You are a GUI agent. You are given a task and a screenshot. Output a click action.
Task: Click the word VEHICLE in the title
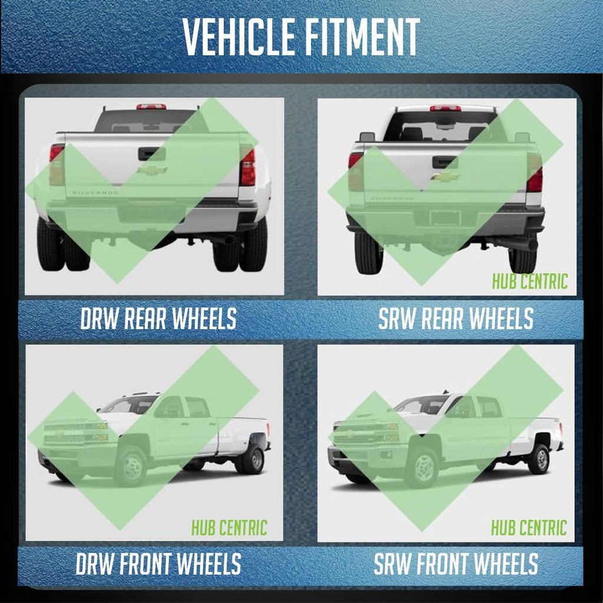(238, 37)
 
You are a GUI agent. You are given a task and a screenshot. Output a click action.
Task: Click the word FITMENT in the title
(362, 37)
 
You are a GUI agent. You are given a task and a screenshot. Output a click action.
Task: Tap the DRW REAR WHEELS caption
(158, 319)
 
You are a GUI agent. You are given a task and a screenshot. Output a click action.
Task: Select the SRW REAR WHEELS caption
(456, 319)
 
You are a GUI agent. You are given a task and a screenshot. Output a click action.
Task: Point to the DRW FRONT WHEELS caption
(158, 564)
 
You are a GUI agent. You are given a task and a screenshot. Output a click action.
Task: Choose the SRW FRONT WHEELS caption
(456, 564)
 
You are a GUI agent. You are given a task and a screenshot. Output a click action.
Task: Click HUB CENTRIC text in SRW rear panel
(530, 281)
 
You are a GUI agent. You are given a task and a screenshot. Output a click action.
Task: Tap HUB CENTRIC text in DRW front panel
(229, 528)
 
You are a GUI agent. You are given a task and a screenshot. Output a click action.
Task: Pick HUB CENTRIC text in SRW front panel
(529, 527)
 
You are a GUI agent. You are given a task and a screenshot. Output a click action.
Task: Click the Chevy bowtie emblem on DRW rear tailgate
(152, 170)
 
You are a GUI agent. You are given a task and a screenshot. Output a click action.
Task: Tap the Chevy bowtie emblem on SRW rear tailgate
(445, 177)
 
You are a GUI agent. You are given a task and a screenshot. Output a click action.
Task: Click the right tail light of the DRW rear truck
(248, 166)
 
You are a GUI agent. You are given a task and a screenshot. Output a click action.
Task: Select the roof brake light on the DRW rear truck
(151, 107)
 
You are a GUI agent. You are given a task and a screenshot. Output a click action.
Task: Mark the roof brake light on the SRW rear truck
(445, 108)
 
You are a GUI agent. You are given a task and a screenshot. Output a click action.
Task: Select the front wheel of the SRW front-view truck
(422, 468)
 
